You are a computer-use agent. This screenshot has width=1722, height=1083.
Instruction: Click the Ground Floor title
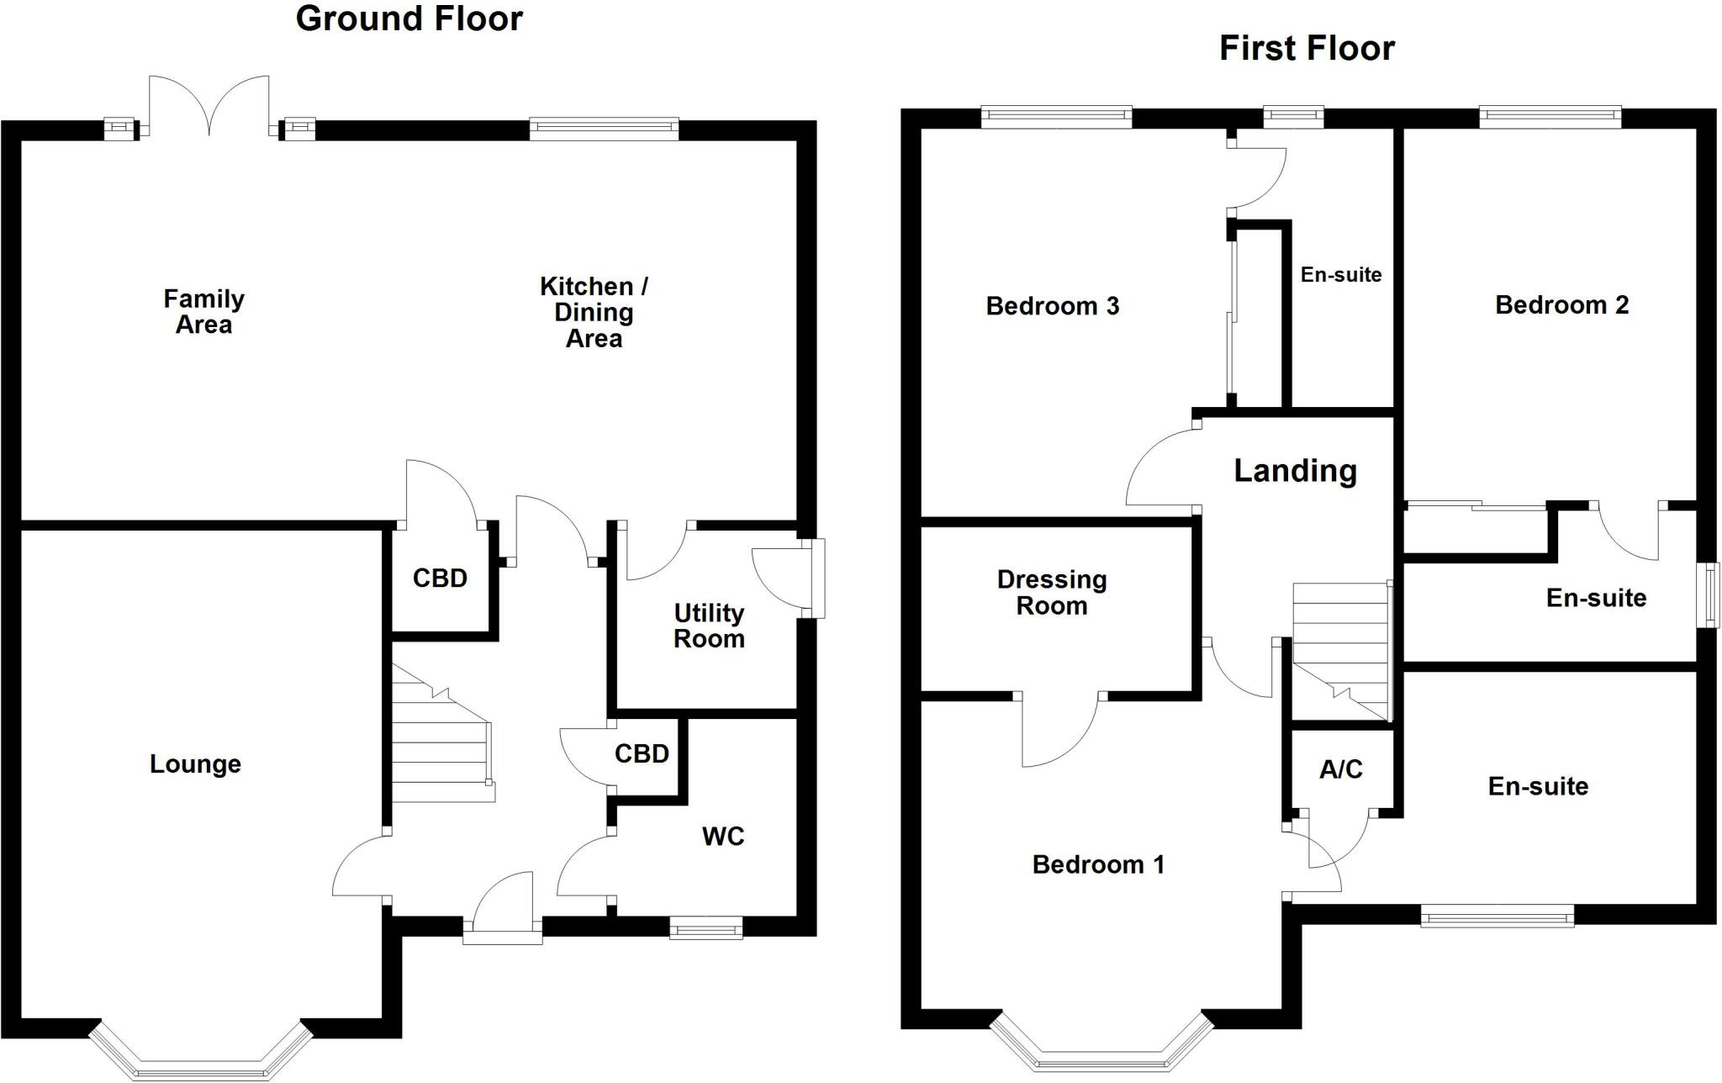click(x=409, y=18)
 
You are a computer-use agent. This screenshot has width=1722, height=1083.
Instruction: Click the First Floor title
click(x=1307, y=49)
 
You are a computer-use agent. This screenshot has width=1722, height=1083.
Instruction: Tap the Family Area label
click(x=203, y=311)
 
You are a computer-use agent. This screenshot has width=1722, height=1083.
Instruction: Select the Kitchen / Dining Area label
click(x=594, y=312)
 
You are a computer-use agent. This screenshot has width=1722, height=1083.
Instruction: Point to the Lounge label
click(x=195, y=763)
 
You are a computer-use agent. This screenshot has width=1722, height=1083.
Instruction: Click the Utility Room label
click(x=709, y=626)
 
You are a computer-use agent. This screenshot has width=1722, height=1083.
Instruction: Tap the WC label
click(x=723, y=836)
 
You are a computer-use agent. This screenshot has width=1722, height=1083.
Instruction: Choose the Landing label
click(x=1295, y=471)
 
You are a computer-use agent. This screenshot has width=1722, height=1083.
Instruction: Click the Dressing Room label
click(x=1052, y=592)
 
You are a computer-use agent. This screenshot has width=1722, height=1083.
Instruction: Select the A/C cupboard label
click(x=1340, y=769)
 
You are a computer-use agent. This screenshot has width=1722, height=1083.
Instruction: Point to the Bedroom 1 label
click(x=1098, y=864)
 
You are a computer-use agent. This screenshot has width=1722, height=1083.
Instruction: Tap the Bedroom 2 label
click(x=1561, y=304)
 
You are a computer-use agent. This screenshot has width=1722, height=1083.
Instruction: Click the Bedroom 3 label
click(x=1052, y=306)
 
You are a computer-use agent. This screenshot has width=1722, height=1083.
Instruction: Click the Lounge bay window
click(x=201, y=1054)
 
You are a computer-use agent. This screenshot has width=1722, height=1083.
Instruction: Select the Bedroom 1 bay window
click(x=1101, y=1047)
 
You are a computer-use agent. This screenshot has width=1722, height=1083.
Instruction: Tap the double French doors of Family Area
click(x=209, y=108)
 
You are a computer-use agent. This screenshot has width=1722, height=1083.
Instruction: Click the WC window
click(x=705, y=928)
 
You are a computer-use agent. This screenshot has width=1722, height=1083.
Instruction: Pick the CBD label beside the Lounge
click(x=440, y=578)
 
